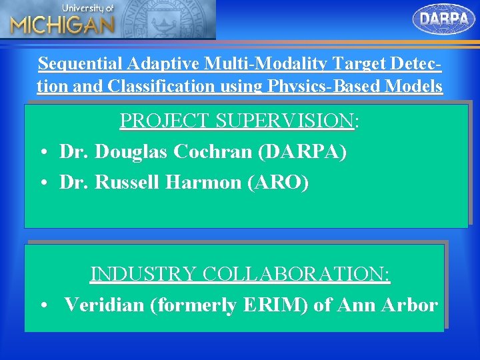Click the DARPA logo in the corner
coord(444,19)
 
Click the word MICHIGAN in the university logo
coord(62,25)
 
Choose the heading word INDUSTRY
coord(143,274)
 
